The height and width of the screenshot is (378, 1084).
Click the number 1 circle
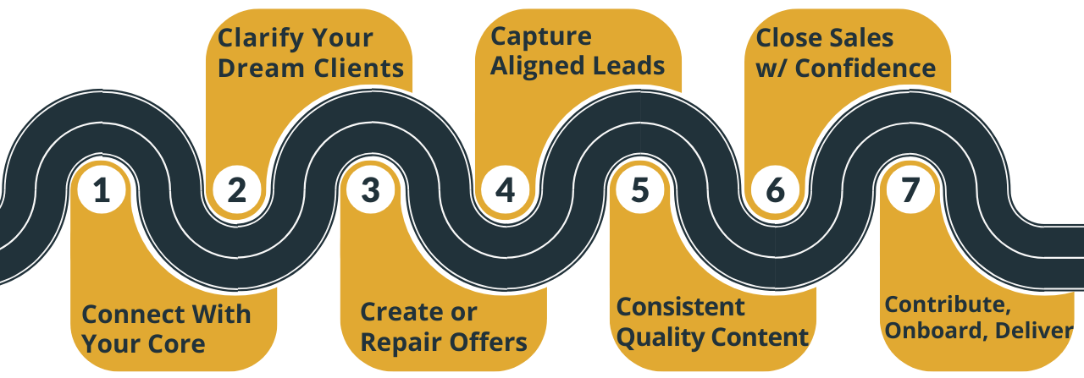[102, 190]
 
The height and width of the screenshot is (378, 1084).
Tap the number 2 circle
[236, 190]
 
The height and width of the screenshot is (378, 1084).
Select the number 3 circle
[371, 190]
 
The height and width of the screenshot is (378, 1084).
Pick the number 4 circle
[506, 190]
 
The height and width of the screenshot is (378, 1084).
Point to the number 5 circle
[640, 190]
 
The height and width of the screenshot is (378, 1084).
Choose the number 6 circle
[775, 190]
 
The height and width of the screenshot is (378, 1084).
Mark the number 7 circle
[910, 190]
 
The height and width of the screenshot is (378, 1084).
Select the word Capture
[541, 36]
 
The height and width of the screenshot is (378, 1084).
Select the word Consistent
[680, 306]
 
